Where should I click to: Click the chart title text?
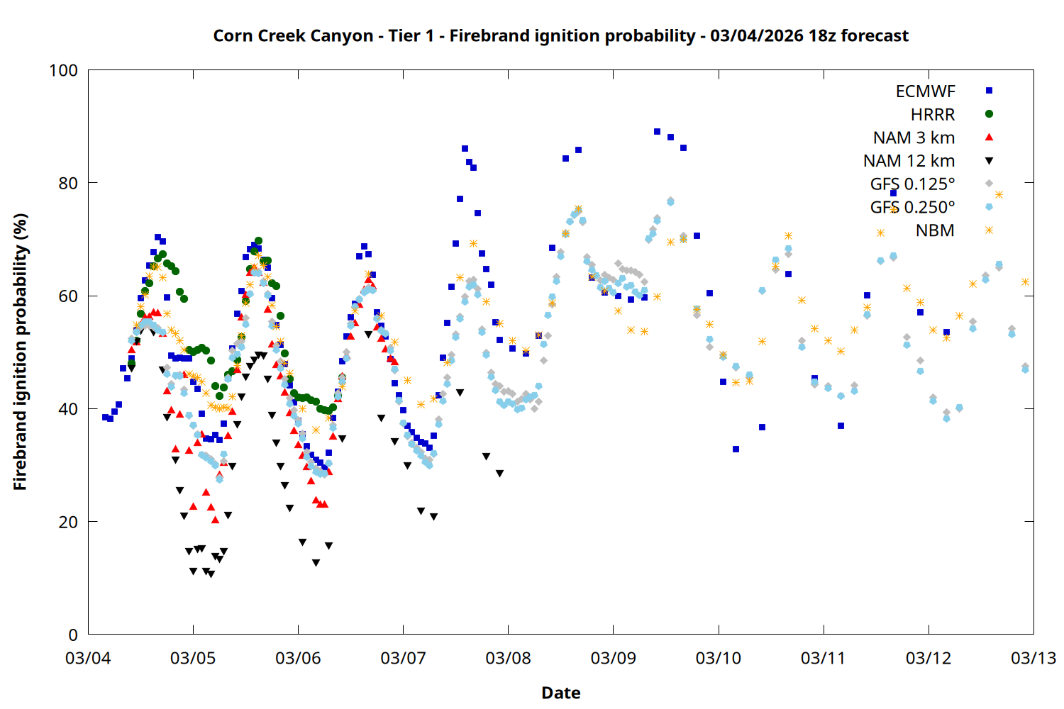(560, 35)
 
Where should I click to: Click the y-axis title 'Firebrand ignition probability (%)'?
(20, 352)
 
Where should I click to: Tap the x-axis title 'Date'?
(560, 693)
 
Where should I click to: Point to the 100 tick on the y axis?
(63, 70)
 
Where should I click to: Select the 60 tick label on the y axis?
(68, 296)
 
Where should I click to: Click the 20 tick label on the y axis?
(68, 522)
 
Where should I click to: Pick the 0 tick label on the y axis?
(73, 635)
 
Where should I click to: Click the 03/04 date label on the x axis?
(88, 658)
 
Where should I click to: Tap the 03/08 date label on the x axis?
(508, 658)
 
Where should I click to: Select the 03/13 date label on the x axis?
(1033, 658)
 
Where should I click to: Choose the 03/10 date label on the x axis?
(718, 658)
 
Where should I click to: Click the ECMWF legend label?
(925, 91)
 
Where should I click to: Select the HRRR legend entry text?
(933, 115)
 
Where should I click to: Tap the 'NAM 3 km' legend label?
(914, 138)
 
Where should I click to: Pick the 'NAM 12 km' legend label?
(909, 161)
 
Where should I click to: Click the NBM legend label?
(935, 230)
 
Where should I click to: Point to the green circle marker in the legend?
(989, 114)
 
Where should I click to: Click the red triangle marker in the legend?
(989, 137)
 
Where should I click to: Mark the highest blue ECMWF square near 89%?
(657, 132)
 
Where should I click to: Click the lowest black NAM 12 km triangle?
(211, 574)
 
